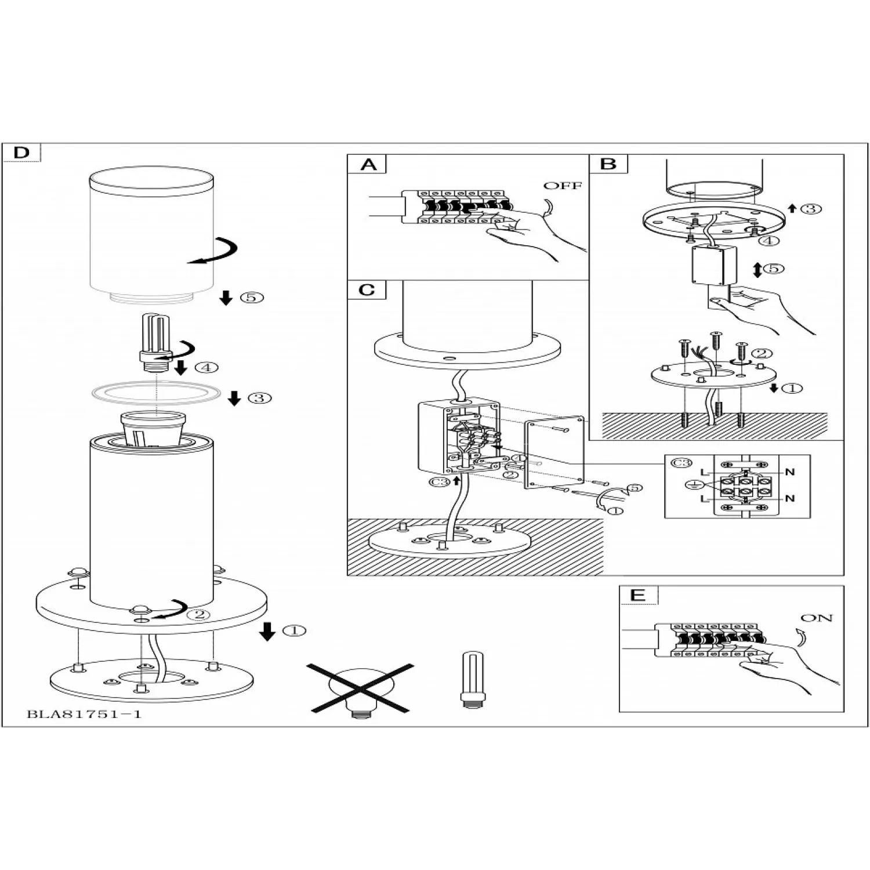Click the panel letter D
coord(21,153)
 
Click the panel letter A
coord(368,164)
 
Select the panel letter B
coord(608,164)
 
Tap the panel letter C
coord(367,289)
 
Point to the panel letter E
coord(637,595)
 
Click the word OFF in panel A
coord(562,186)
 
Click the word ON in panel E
coord(816,618)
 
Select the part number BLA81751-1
coord(84,714)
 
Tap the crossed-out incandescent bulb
coord(360,688)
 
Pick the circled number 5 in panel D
coord(252,298)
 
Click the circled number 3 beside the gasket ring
coord(259,398)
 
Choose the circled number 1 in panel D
coord(294,630)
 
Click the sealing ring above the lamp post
coord(157,393)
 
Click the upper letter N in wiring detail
coord(789,472)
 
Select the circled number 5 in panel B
coord(774,269)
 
